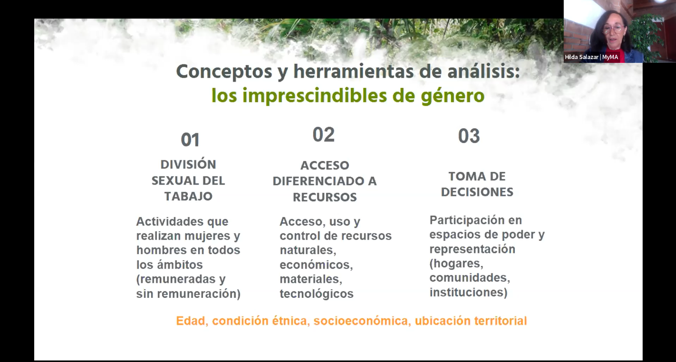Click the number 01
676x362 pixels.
190,140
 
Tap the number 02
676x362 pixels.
324,135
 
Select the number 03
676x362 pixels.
469,136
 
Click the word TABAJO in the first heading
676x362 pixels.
188,196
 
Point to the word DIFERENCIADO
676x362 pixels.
319,181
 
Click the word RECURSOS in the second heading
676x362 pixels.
325,197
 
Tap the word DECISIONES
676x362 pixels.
477,192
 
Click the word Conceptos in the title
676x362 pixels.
224,72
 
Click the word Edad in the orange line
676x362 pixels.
191,321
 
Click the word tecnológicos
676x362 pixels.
317,293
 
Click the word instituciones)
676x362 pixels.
469,292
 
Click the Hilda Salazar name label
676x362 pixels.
591,57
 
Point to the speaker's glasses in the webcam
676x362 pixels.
613,29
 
